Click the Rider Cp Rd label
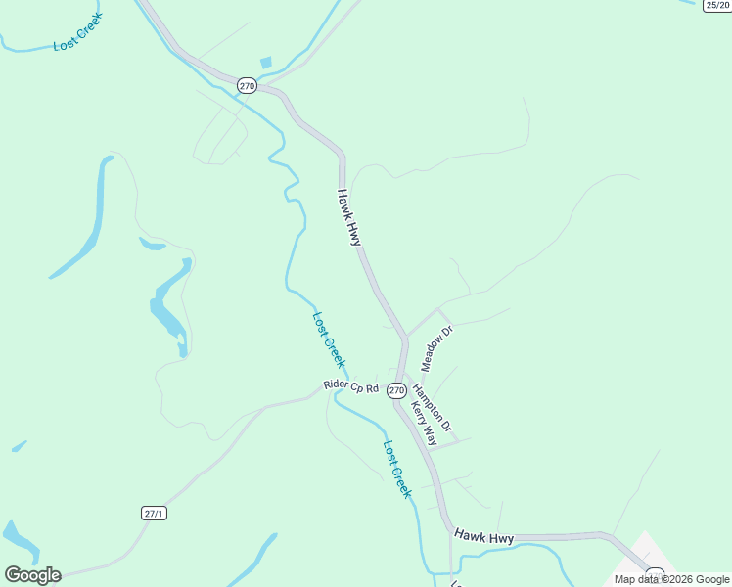click(351, 386)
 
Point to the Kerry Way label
click(423, 423)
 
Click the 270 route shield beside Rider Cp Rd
click(395, 390)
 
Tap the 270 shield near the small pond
click(247, 86)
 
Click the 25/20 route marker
click(716, 6)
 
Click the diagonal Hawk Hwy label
click(349, 217)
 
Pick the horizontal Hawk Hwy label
click(483, 538)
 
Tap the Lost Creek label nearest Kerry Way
click(396, 470)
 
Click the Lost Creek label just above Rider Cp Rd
click(329, 339)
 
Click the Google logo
click(32, 575)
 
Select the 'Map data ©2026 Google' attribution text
click(671, 579)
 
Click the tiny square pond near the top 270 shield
click(265, 63)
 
